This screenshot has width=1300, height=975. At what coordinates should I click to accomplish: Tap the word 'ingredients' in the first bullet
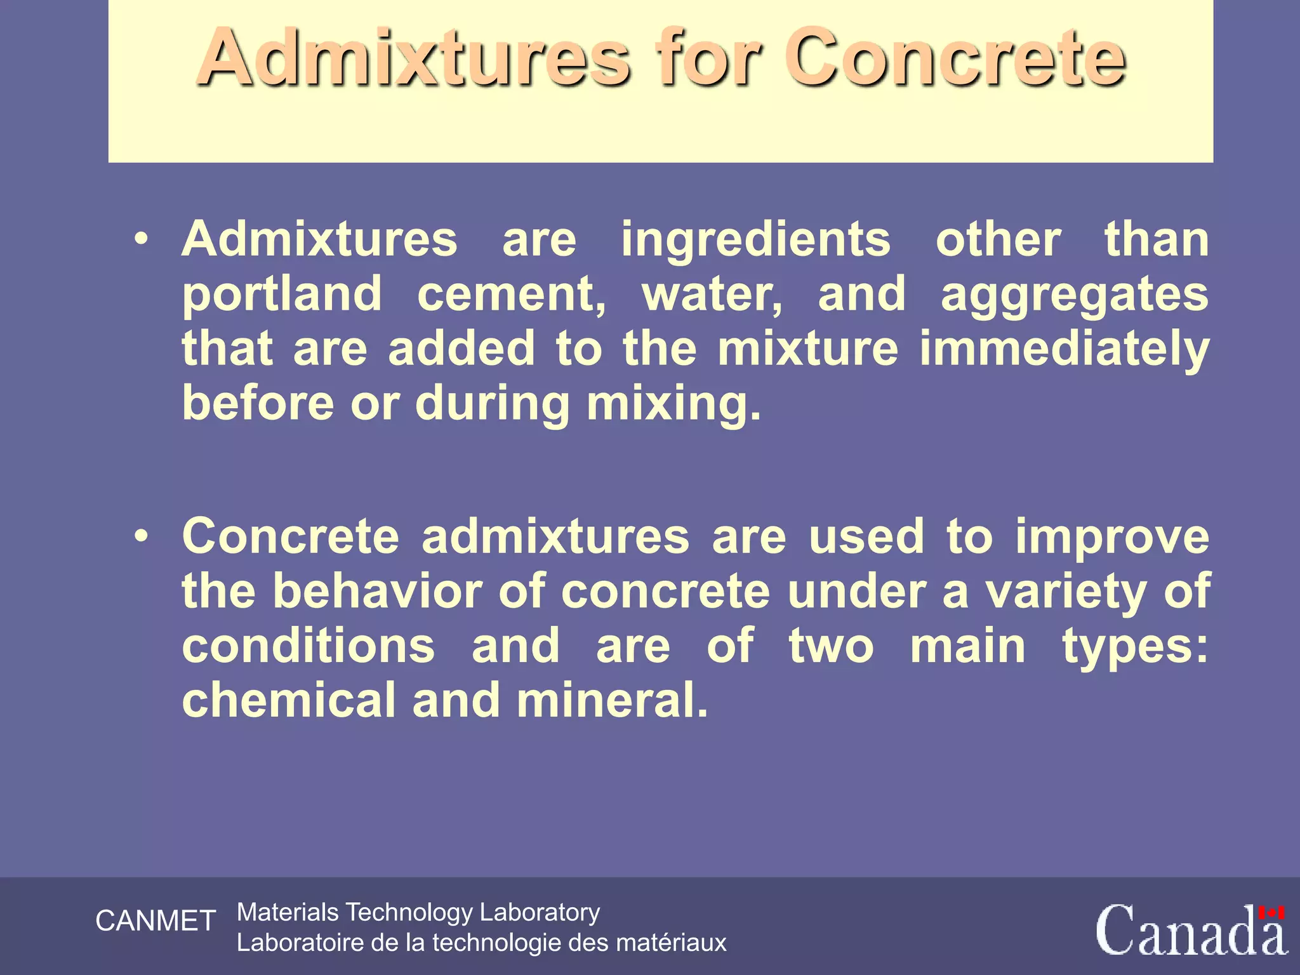tap(755, 240)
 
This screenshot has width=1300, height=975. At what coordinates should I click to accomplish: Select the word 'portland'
tap(282, 295)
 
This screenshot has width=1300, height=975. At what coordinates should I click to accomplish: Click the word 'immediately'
tap(1065, 350)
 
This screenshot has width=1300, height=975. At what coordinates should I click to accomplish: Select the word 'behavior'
tap(377, 591)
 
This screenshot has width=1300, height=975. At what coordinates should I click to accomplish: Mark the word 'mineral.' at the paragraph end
tap(612, 700)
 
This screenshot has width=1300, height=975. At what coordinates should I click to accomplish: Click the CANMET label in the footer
tap(156, 921)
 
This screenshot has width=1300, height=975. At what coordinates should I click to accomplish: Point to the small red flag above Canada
tap(1271, 913)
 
